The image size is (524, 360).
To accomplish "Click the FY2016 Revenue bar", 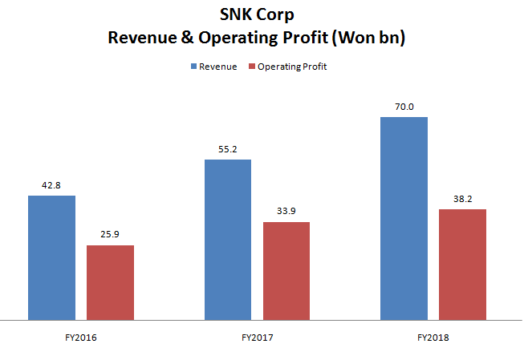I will [x=51, y=257].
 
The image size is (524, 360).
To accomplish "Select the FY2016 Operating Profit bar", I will [x=110, y=282].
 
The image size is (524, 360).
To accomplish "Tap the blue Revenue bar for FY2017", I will [x=228, y=240].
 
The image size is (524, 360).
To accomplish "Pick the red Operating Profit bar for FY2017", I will [x=286, y=271].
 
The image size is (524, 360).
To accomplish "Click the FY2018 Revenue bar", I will [x=404, y=218].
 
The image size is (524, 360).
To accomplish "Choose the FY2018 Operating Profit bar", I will [x=463, y=265].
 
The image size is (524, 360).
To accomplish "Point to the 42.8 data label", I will [x=51, y=185].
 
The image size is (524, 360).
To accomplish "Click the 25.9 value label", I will [x=110, y=234].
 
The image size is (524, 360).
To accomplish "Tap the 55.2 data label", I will [x=228, y=149].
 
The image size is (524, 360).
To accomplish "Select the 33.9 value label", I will [x=286, y=212].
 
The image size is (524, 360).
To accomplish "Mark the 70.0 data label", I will [x=404, y=107].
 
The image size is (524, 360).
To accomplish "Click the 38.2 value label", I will [x=463, y=199].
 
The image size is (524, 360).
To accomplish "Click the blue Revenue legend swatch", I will [x=193, y=67].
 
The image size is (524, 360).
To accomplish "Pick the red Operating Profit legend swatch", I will [x=254, y=67].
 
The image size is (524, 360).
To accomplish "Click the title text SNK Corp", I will [x=262, y=14].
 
